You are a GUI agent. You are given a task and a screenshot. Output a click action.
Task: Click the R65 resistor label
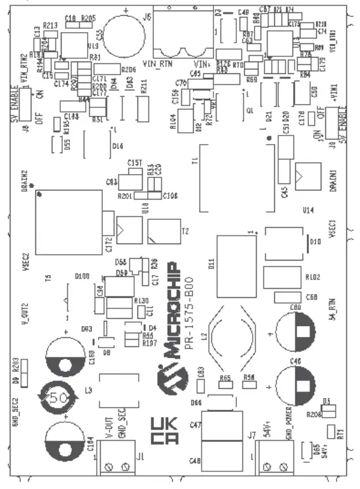[226, 378]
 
